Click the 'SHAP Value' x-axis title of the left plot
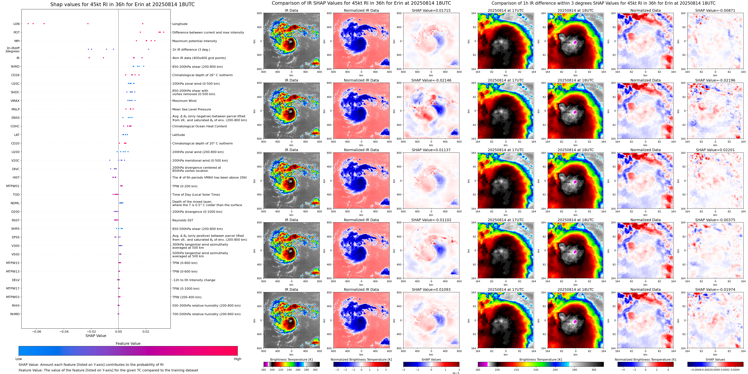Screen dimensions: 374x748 coord(96,336)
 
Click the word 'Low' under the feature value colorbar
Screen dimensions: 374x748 coord(19,359)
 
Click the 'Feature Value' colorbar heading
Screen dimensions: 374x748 coord(128,343)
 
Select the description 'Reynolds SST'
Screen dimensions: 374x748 coord(182,220)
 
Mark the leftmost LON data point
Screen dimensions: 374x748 coord(28,23)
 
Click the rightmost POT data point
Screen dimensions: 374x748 coord(164,32)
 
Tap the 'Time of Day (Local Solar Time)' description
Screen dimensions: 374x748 coord(196,195)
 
